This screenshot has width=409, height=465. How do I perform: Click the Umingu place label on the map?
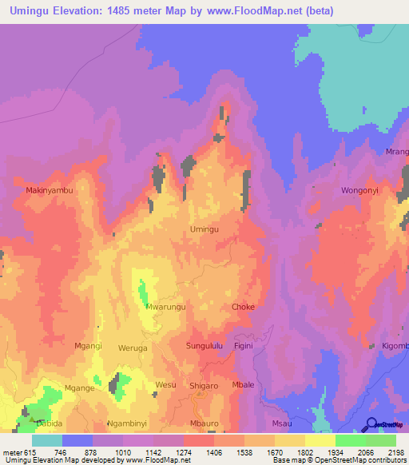click(x=204, y=229)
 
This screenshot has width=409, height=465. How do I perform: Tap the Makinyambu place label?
click(x=50, y=191)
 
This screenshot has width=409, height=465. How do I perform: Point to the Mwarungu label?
click(x=166, y=306)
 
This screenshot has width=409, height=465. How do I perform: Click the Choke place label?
click(x=243, y=307)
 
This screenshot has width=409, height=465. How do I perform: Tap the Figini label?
click(x=243, y=346)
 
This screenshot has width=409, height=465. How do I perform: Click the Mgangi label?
click(x=88, y=346)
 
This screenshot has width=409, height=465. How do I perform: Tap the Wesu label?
click(x=165, y=385)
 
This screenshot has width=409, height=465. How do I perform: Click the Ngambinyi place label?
click(x=127, y=423)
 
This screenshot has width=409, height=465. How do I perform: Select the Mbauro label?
click(x=204, y=423)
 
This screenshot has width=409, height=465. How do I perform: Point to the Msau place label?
click(x=282, y=423)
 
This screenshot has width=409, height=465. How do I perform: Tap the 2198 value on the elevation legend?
click(x=395, y=452)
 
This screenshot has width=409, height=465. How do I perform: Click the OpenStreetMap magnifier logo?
click(x=372, y=424)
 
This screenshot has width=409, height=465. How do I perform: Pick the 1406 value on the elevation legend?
click(x=214, y=452)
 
